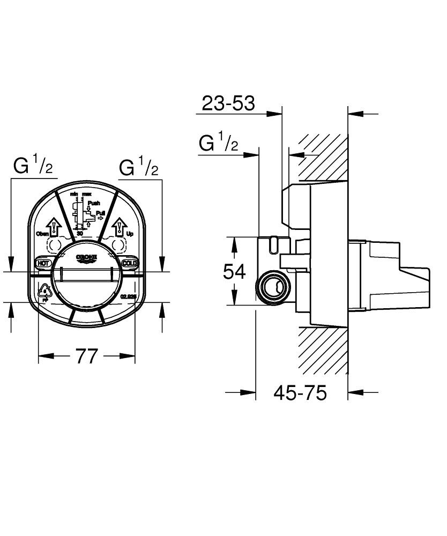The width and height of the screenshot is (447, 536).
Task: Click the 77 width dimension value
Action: point(86,356)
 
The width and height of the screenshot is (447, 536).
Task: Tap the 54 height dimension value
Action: point(234,272)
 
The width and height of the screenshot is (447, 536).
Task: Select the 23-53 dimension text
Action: point(228,103)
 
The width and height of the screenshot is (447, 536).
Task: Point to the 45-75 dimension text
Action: point(300,393)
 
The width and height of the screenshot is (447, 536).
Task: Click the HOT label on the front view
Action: point(42,263)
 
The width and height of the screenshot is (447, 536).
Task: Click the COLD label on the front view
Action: point(130,263)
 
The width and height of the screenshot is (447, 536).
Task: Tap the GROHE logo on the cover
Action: point(86,258)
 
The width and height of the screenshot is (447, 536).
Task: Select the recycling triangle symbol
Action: point(44,292)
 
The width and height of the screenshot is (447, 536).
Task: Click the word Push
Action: point(94,203)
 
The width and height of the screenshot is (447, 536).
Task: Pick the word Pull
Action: point(100,213)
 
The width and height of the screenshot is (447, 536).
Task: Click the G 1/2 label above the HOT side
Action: point(33,168)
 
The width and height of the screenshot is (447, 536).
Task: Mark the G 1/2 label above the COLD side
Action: point(139,168)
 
